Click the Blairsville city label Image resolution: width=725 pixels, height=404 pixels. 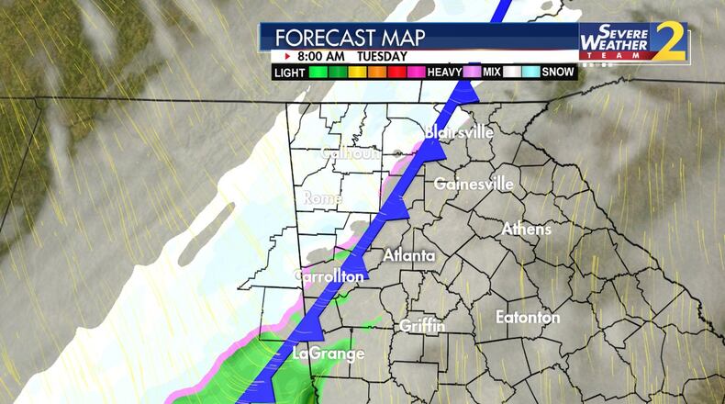[459, 133]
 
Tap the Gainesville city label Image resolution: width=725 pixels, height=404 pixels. [473, 184]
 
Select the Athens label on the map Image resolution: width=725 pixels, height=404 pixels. [526, 229]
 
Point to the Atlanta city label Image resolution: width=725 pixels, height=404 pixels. [408, 255]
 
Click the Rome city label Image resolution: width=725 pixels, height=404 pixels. [322, 198]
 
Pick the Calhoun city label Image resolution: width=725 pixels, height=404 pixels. [350, 154]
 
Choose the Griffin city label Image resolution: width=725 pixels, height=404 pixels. [422, 326]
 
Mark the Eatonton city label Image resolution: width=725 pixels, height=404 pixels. [528, 318]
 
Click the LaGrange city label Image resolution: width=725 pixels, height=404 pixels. [329, 353]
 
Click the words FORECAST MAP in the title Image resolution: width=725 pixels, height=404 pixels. [337, 38]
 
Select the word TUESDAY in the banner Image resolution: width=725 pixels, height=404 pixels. [382, 55]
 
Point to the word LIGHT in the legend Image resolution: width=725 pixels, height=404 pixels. [290, 72]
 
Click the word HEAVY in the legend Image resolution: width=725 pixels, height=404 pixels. [443, 72]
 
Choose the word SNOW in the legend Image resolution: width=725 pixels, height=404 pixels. [557, 72]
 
